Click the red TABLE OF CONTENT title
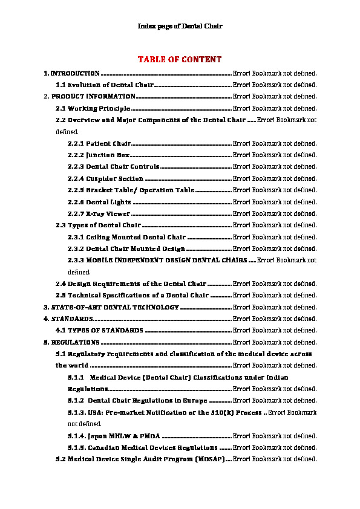tap(180, 59)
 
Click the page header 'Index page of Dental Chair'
tap(180, 26)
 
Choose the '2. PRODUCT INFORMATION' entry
tap(93, 97)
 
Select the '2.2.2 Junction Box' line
tap(99, 155)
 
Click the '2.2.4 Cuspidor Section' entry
tap(106, 179)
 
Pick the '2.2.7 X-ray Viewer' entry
tap(99, 213)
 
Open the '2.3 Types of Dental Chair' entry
tap(98, 225)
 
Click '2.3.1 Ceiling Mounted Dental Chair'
tap(127, 237)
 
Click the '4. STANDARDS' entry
tap(68, 319)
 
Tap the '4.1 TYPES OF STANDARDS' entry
tap(99, 331)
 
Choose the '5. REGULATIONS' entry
tap(71, 342)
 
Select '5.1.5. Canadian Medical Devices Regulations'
tap(143, 448)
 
